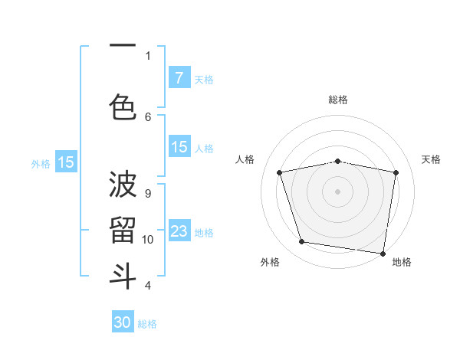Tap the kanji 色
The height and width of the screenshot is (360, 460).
(123, 108)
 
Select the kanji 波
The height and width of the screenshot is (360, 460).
(123, 185)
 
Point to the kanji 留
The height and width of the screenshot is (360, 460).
(123, 231)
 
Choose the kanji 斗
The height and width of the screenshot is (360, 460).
(123, 276)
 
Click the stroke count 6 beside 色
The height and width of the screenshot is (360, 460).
(148, 116)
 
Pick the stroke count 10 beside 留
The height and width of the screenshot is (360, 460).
(148, 239)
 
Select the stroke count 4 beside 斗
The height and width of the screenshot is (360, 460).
(148, 285)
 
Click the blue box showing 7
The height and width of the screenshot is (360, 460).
(179, 78)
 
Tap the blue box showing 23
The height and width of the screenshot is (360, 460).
(179, 231)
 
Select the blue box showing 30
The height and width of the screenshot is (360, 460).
(123, 322)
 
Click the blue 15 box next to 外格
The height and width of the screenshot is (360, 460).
(66, 162)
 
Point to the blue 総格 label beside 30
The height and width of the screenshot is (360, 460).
(148, 324)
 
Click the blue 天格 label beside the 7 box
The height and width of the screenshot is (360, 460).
(204, 80)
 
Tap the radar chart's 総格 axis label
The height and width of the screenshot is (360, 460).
(338, 100)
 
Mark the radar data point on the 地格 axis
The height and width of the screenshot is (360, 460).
(383, 253)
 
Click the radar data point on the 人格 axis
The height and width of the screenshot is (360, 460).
(280, 172)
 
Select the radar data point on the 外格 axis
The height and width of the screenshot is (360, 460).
(302, 242)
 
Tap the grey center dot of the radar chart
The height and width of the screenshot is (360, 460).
(338, 191)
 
